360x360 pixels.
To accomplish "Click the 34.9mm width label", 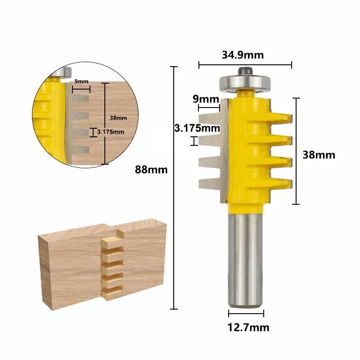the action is click(x=243, y=55).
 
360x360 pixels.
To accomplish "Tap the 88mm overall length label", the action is click(x=151, y=170).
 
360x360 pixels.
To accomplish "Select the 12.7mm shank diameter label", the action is click(x=248, y=328).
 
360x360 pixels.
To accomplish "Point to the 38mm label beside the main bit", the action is click(x=319, y=155).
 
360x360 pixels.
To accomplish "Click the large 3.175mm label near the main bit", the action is click(x=197, y=128).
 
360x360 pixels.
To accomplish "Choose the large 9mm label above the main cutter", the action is click(x=206, y=99).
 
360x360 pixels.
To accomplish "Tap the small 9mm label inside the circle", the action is click(x=81, y=81).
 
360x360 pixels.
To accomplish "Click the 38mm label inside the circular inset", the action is click(x=118, y=118).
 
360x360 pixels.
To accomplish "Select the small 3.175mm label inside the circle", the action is click(x=111, y=132).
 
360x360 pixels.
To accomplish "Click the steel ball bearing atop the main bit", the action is click(x=245, y=83).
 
